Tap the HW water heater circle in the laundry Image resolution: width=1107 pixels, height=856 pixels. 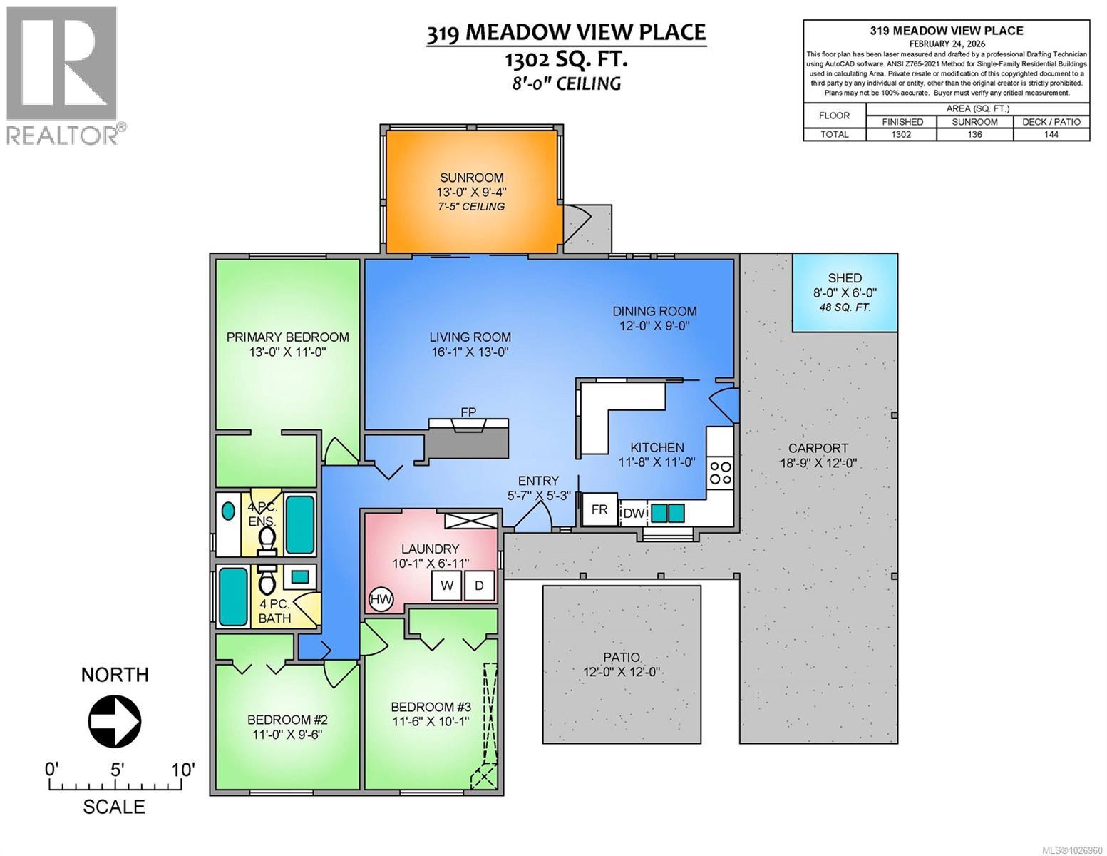[x=381, y=600]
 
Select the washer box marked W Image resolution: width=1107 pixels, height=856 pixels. [x=447, y=586]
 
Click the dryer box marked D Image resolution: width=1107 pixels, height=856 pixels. [x=479, y=586]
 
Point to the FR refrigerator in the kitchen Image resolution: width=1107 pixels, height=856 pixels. [x=599, y=509]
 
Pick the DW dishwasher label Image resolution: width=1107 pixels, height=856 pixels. [x=632, y=513]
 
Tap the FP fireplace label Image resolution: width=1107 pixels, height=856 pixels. [x=468, y=412]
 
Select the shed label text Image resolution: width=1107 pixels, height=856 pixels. [x=845, y=278]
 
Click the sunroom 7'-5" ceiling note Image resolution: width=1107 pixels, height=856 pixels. [x=471, y=206]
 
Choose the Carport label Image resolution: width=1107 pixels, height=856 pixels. [x=818, y=448]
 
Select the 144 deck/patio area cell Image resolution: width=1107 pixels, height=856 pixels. [x=1051, y=134]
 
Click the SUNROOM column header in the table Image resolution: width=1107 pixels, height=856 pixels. [x=974, y=122]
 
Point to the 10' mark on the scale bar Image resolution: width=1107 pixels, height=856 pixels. [x=182, y=770]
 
